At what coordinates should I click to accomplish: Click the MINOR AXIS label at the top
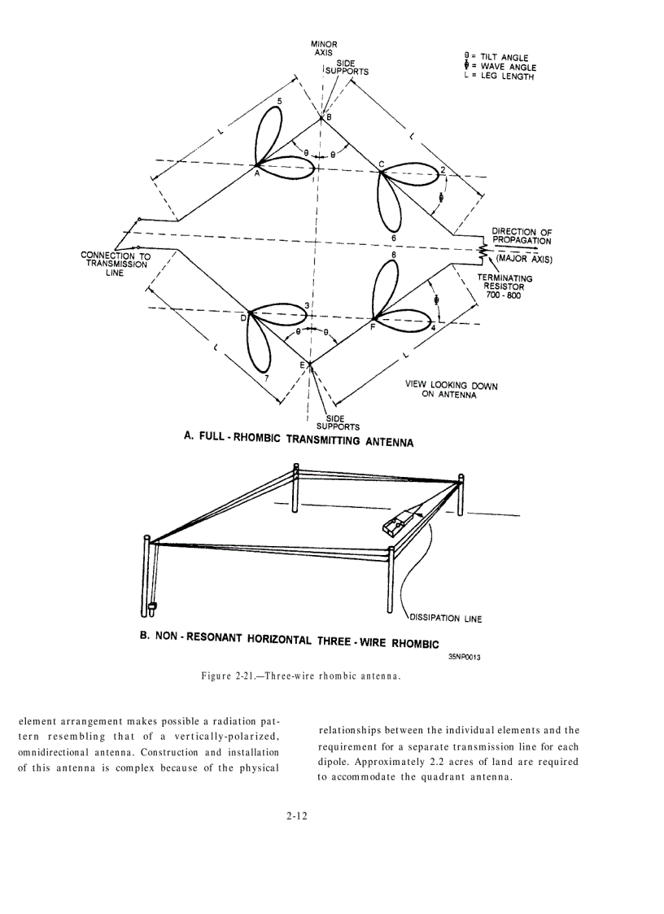(324, 48)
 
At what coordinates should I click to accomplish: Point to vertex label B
(329, 118)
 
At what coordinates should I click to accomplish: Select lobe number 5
(280, 102)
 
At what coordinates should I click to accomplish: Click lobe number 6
(394, 238)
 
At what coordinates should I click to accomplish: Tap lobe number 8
(394, 255)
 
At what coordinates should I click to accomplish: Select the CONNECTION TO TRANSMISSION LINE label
(116, 264)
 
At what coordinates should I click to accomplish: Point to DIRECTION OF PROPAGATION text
(522, 236)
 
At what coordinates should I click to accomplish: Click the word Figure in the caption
(218, 676)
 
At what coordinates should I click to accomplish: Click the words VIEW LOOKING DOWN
(451, 386)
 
